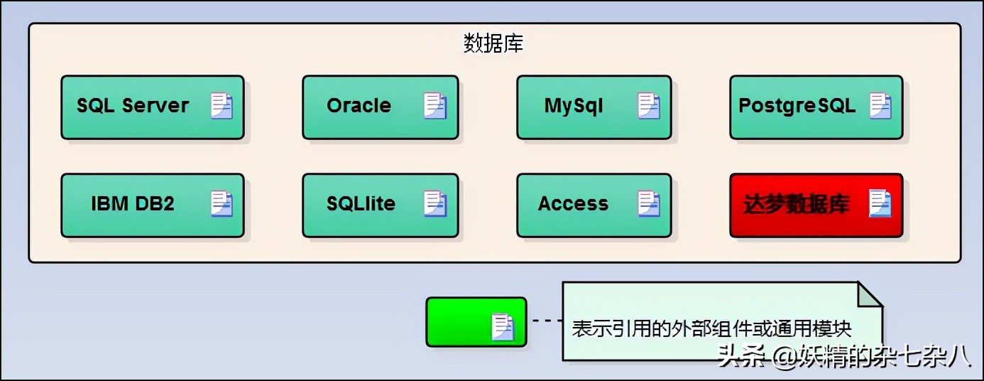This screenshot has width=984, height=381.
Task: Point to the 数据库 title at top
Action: click(493, 44)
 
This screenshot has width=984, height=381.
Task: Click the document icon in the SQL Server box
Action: click(222, 106)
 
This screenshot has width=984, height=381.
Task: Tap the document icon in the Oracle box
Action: click(435, 106)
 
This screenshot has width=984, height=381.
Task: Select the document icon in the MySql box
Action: click(649, 106)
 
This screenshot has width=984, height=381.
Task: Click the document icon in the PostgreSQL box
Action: click(880, 106)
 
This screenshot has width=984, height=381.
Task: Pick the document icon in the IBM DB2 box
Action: click(222, 204)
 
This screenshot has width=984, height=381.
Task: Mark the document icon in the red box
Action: click(880, 204)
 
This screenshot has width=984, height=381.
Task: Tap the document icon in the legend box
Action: click(503, 327)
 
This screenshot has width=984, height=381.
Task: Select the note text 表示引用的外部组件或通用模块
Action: click(711, 328)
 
